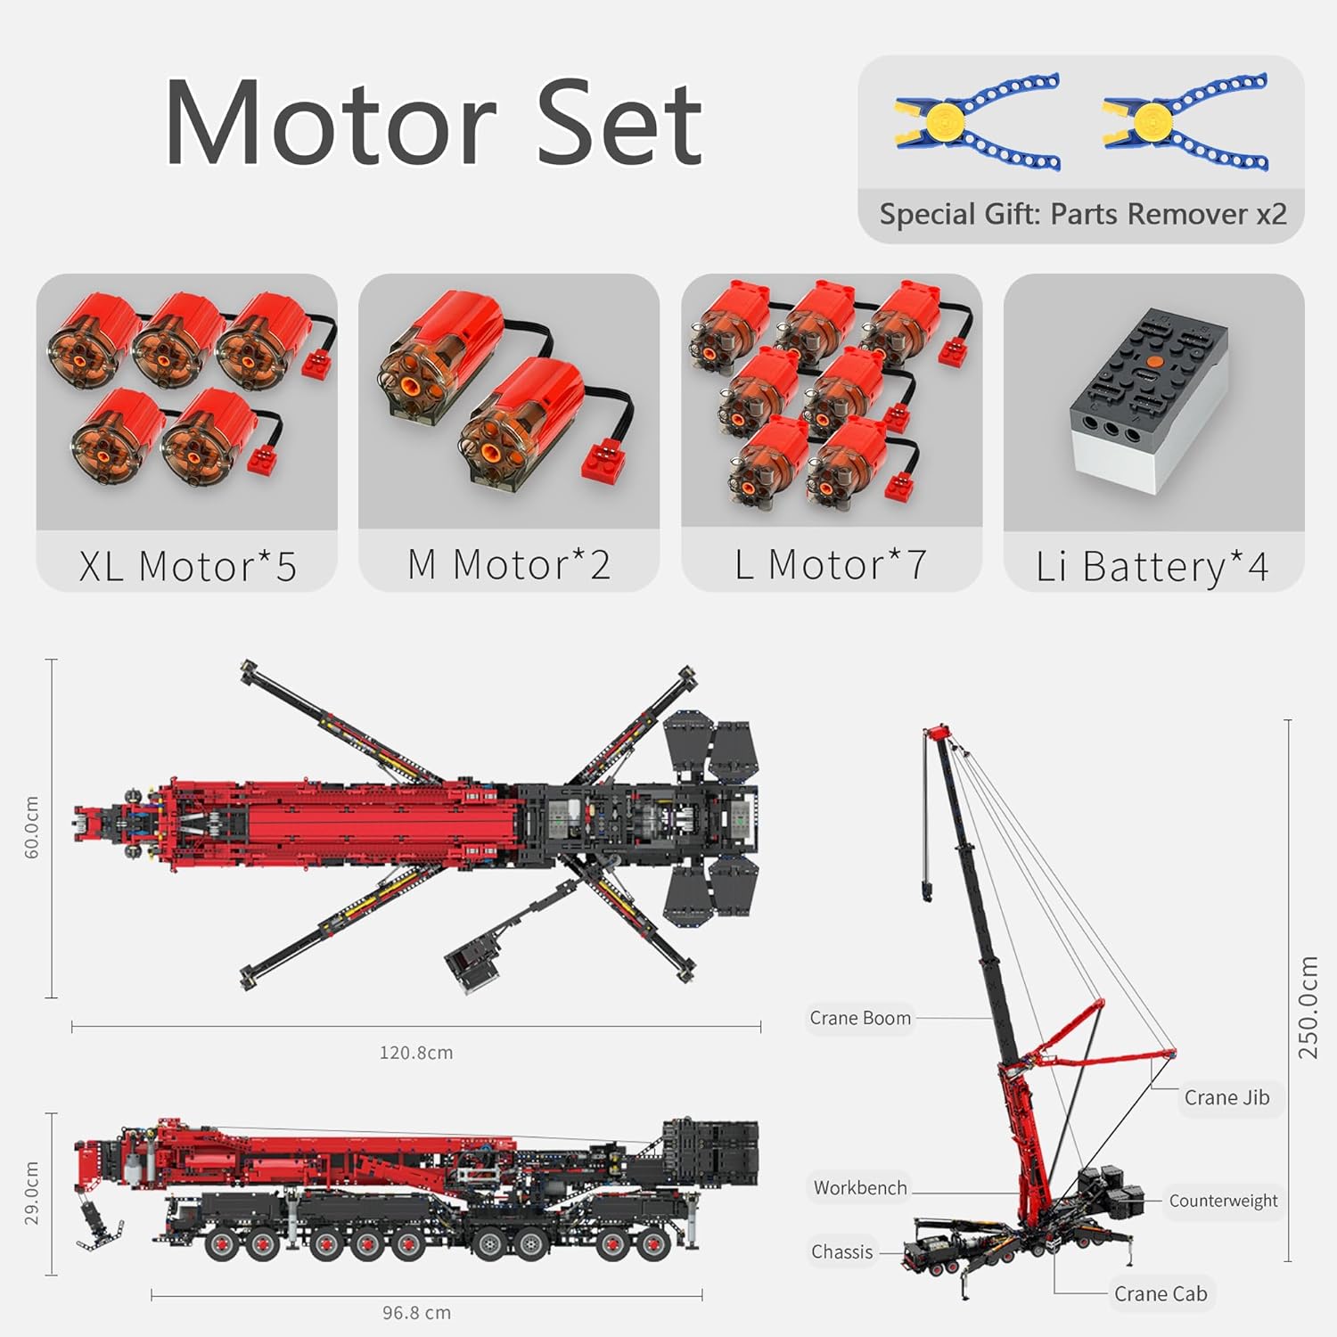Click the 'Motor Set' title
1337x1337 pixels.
(434, 122)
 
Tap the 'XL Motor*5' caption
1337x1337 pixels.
(187, 566)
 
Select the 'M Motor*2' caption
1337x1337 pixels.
(509, 564)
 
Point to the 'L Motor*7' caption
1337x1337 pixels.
(831, 564)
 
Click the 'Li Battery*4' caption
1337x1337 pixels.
(1152, 567)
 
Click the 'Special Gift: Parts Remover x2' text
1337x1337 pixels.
(1083, 214)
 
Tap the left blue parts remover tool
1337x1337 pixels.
(979, 122)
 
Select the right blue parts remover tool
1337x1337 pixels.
(1185, 122)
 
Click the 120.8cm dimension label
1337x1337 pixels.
(416, 1053)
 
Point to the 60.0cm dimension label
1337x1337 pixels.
(32, 828)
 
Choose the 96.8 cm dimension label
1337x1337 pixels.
(416, 1313)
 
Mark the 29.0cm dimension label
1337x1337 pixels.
(32, 1193)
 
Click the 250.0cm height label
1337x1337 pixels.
(1308, 1007)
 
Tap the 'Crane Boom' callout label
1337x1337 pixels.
(860, 1018)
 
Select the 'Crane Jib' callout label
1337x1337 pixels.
(1226, 1097)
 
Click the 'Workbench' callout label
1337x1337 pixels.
(860, 1187)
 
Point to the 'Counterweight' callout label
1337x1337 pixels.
(1223, 1201)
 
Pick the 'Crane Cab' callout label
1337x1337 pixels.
(1161, 1293)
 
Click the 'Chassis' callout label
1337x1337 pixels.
(841, 1251)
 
